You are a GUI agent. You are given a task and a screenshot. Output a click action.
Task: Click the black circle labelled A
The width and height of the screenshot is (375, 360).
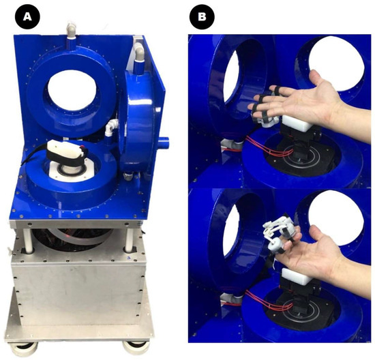pos(27,17)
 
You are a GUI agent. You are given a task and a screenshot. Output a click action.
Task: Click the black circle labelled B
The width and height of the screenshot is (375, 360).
pos(202,17)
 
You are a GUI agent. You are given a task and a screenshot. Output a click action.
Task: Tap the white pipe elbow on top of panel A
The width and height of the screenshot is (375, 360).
pos(71,29)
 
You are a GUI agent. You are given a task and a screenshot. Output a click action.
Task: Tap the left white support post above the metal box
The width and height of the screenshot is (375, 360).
pos(28,240)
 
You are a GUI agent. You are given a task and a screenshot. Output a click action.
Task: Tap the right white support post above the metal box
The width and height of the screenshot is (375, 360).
pos(129,239)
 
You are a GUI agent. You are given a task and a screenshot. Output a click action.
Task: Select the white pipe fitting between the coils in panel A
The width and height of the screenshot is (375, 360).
pos(111,127)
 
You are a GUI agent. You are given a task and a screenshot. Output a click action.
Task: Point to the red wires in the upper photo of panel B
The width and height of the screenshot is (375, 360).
pos(268,147)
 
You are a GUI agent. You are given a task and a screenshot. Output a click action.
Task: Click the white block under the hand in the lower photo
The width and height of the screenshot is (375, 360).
pos(296,276)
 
